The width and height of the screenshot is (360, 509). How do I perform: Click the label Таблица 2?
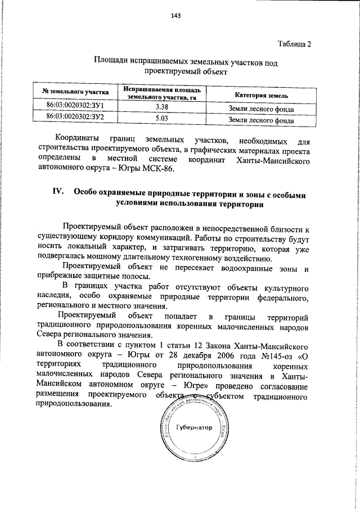(294, 43)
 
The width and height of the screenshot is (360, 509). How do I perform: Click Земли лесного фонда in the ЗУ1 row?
(262, 108)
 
